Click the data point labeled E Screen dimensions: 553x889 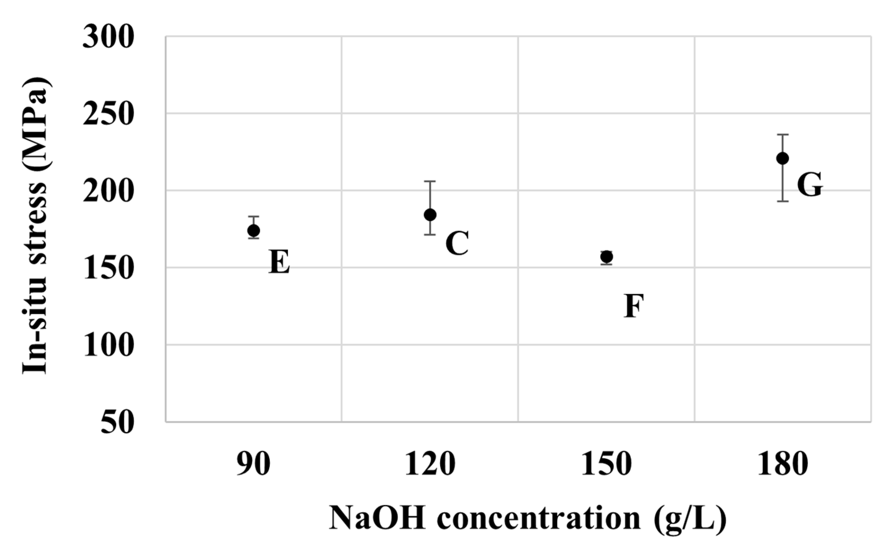pyautogui.click(x=253, y=230)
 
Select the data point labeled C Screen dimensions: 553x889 pyautogui.click(x=430, y=215)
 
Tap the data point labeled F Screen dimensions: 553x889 pyautogui.click(x=606, y=257)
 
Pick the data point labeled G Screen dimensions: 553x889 pyautogui.click(x=782, y=158)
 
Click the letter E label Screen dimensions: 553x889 pyautogui.click(x=279, y=262)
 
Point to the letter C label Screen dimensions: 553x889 pyautogui.click(x=457, y=243)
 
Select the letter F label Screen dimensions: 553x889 pyautogui.click(x=633, y=306)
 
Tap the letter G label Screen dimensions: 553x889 pyautogui.click(x=810, y=185)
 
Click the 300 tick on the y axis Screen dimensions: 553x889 pyautogui.click(x=107, y=37)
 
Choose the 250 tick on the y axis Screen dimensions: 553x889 pyautogui.click(x=107, y=114)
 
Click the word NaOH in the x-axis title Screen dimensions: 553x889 pyautogui.click(x=377, y=518)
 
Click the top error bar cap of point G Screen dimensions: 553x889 pyautogui.click(x=782, y=135)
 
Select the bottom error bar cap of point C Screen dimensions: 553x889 pyautogui.click(x=430, y=235)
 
